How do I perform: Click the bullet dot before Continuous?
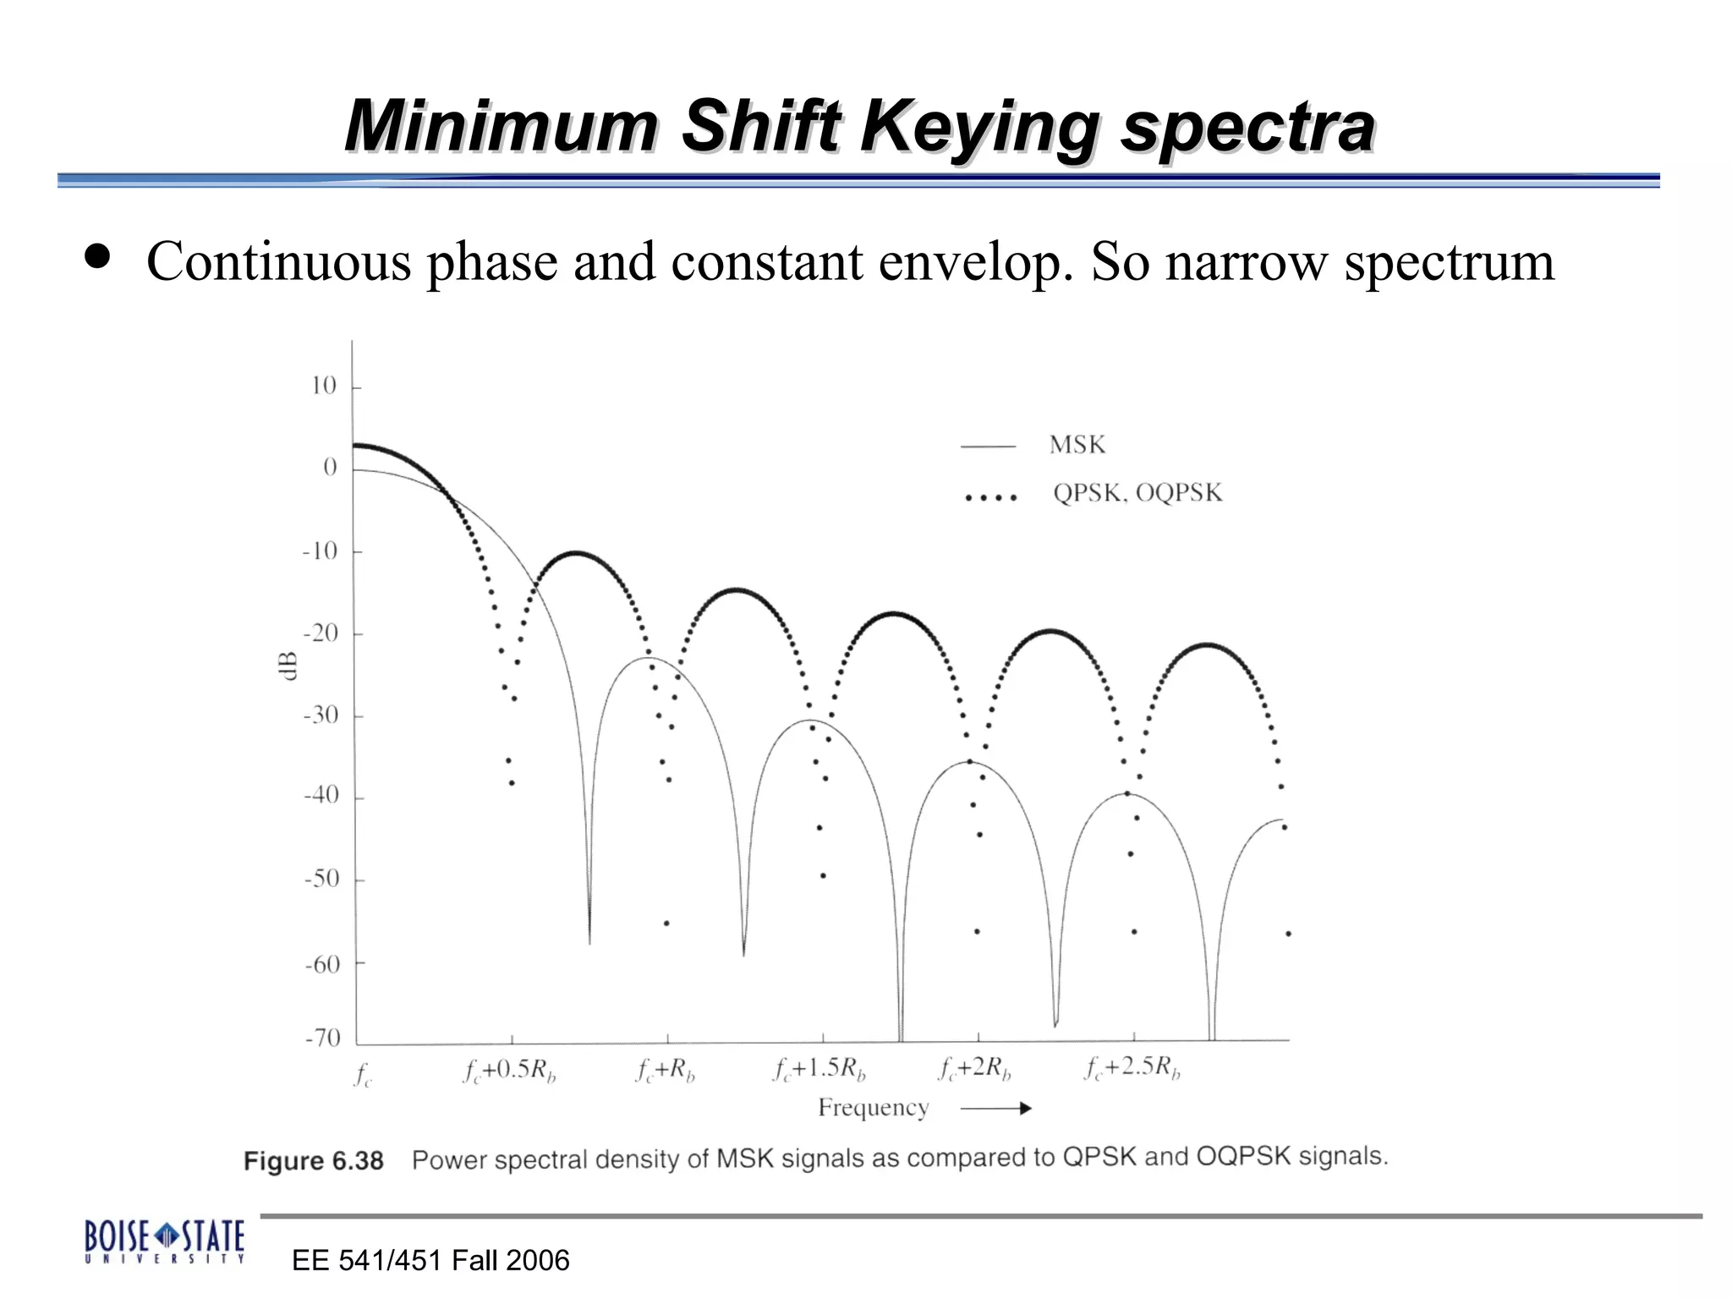click(98, 257)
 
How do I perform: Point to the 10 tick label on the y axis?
click(323, 386)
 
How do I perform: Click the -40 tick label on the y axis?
click(321, 795)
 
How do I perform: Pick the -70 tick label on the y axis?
click(322, 1038)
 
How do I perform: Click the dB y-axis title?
click(288, 666)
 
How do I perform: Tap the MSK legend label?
click(1077, 445)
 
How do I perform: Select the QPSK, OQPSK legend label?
click(1137, 493)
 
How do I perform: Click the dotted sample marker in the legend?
click(990, 497)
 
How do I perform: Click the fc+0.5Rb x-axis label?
click(509, 1071)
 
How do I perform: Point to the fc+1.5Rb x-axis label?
click(819, 1070)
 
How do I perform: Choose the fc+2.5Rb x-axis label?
click(1132, 1068)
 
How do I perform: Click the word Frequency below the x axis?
click(873, 1108)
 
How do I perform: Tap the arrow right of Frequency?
click(996, 1109)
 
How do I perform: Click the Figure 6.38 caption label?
click(313, 1161)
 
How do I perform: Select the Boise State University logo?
click(165, 1241)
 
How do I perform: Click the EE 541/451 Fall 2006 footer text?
click(430, 1261)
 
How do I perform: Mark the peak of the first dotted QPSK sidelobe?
click(576, 552)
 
